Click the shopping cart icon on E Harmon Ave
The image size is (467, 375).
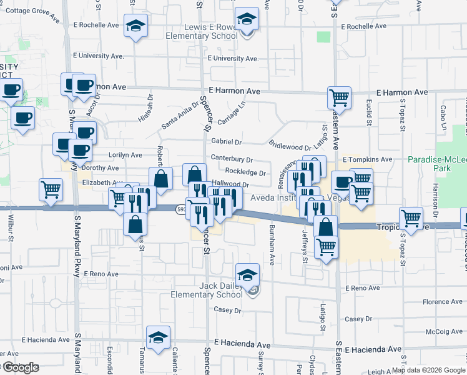click(339, 97)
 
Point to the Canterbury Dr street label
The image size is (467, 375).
click(232, 159)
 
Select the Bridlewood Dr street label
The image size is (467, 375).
click(290, 145)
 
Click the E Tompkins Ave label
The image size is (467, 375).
click(367, 159)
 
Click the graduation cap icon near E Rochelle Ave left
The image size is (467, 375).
click(135, 26)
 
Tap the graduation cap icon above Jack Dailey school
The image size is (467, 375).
click(247, 274)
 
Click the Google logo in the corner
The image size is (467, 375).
click(19, 367)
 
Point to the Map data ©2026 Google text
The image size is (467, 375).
click(428, 370)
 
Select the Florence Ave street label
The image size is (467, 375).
click(425, 302)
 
